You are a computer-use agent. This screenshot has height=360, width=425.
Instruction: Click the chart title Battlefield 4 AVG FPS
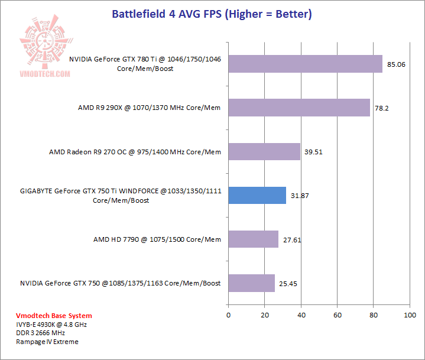click(212, 14)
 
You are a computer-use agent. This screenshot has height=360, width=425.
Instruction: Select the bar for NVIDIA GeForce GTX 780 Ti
click(305, 64)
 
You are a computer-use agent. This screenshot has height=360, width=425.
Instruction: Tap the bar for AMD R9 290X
click(299, 108)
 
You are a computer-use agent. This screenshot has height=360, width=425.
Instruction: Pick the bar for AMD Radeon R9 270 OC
click(264, 152)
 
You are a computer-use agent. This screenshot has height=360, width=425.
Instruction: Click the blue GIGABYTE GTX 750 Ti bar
click(257, 196)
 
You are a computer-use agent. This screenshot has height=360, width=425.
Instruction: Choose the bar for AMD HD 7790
click(253, 239)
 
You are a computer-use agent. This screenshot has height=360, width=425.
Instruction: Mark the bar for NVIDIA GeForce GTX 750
click(251, 283)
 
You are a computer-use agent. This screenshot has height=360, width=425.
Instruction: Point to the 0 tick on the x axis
click(228, 315)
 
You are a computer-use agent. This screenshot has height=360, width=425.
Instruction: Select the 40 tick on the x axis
click(301, 315)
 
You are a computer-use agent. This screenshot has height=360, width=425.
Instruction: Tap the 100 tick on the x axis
click(409, 315)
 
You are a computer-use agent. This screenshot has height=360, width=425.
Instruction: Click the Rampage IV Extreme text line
click(47, 342)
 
